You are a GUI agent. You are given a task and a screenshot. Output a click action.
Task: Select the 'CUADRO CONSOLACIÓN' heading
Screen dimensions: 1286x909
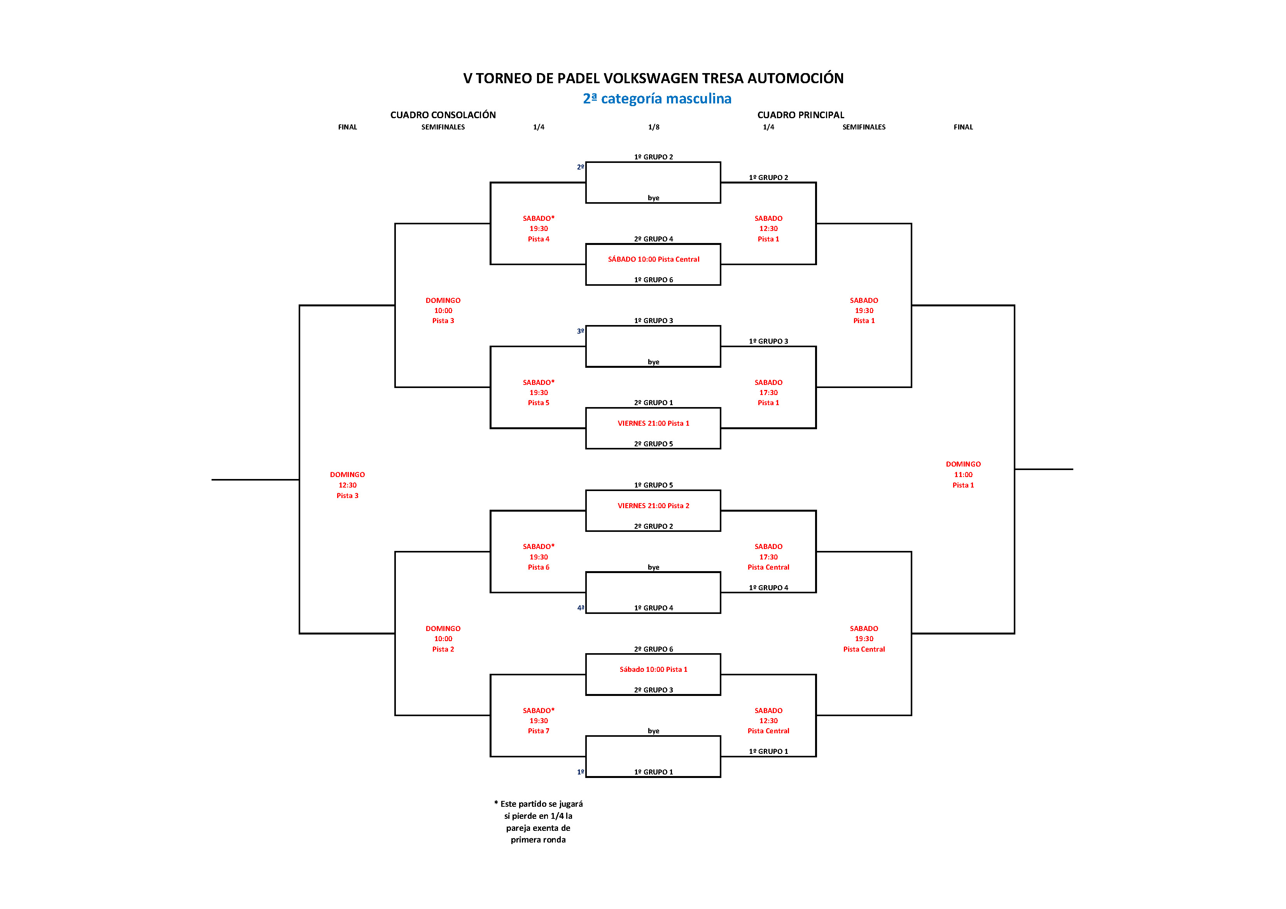click(x=443, y=115)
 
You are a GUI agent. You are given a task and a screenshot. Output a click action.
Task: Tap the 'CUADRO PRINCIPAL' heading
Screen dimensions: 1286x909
click(x=800, y=115)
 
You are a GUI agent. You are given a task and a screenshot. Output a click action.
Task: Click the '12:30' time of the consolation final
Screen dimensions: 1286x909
click(x=347, y=485)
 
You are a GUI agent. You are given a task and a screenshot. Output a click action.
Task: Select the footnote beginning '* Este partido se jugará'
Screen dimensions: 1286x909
click(x=538, y=822)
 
